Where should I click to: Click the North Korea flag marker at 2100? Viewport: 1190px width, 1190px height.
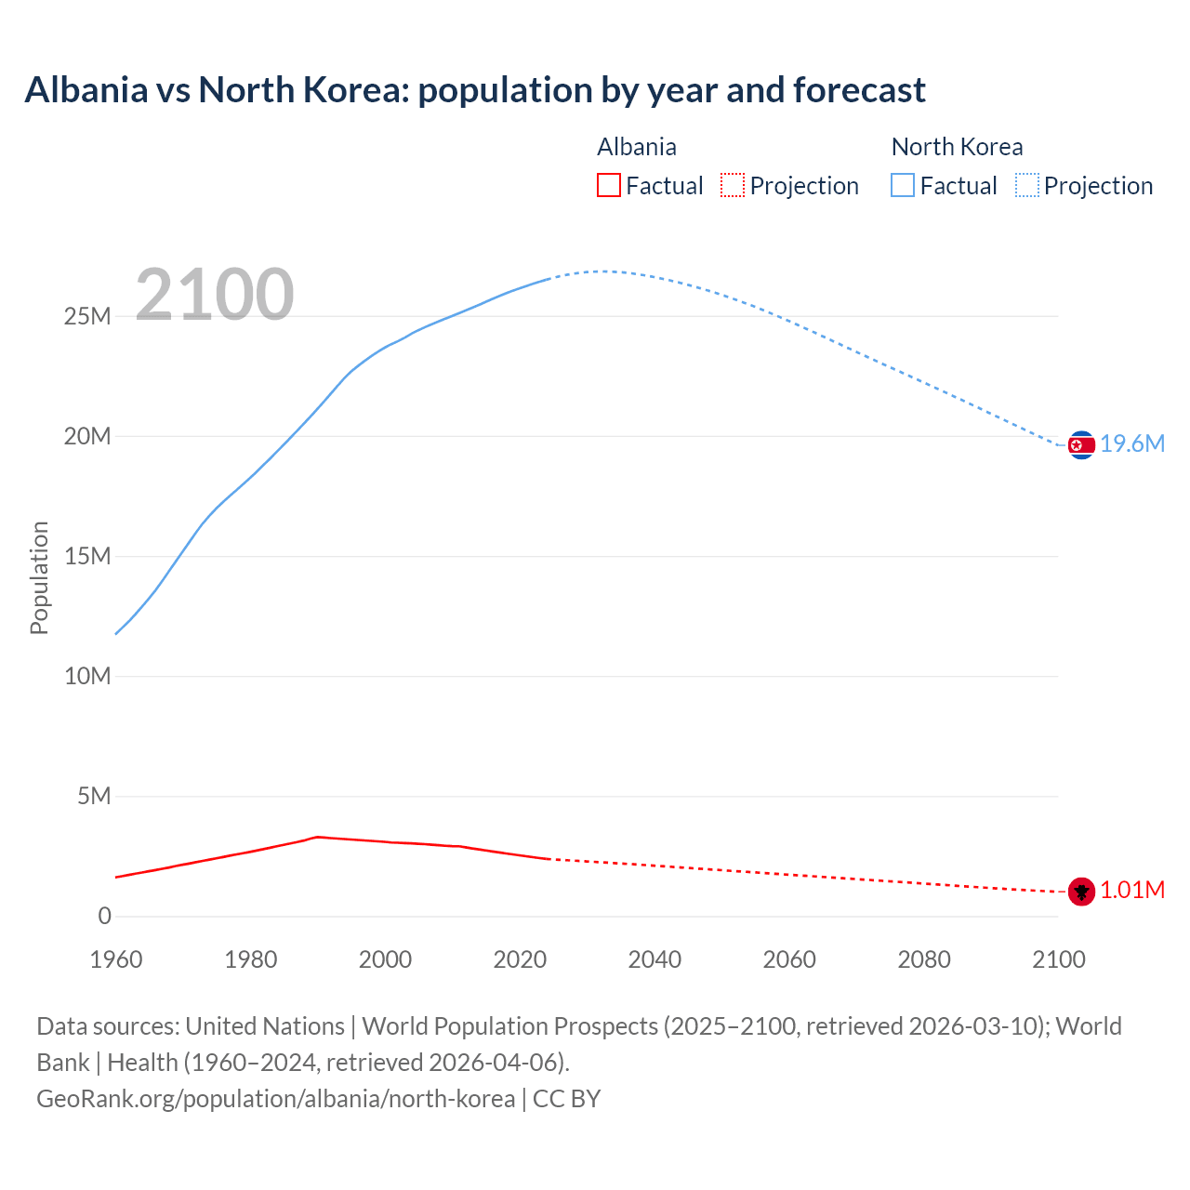[1081, 445]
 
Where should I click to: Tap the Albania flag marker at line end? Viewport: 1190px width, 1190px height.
[1081, 892]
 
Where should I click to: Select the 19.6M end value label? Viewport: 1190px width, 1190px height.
[1132, 444]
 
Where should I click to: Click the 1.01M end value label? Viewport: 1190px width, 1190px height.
[1132, 891]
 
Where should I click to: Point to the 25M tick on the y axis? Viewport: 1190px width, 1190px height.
[87, 316]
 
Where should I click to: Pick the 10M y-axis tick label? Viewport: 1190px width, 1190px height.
[87, 676]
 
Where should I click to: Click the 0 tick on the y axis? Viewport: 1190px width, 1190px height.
[104, 916]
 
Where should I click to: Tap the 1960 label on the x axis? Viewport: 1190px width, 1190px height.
[116, 959]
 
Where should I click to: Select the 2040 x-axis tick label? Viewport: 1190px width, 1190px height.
[654, 959]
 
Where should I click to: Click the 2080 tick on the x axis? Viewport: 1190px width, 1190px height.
[924, 959]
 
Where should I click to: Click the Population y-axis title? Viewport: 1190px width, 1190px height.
[39, 577]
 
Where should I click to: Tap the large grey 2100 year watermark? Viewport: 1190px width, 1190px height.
[215, 295]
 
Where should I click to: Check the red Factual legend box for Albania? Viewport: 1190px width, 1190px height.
[609, 185]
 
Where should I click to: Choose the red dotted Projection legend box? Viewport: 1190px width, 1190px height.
[733, 185]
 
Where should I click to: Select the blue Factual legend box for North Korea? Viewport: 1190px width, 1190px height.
[903, 185]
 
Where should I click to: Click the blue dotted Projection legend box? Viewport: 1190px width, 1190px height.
[1027, 185]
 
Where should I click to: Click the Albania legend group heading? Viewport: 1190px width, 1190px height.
[637, 147]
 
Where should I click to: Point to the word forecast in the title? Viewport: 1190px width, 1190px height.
[859, 90]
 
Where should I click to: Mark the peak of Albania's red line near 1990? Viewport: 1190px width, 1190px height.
[318, 837]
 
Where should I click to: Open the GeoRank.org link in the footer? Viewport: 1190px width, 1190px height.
[275, 1099]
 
